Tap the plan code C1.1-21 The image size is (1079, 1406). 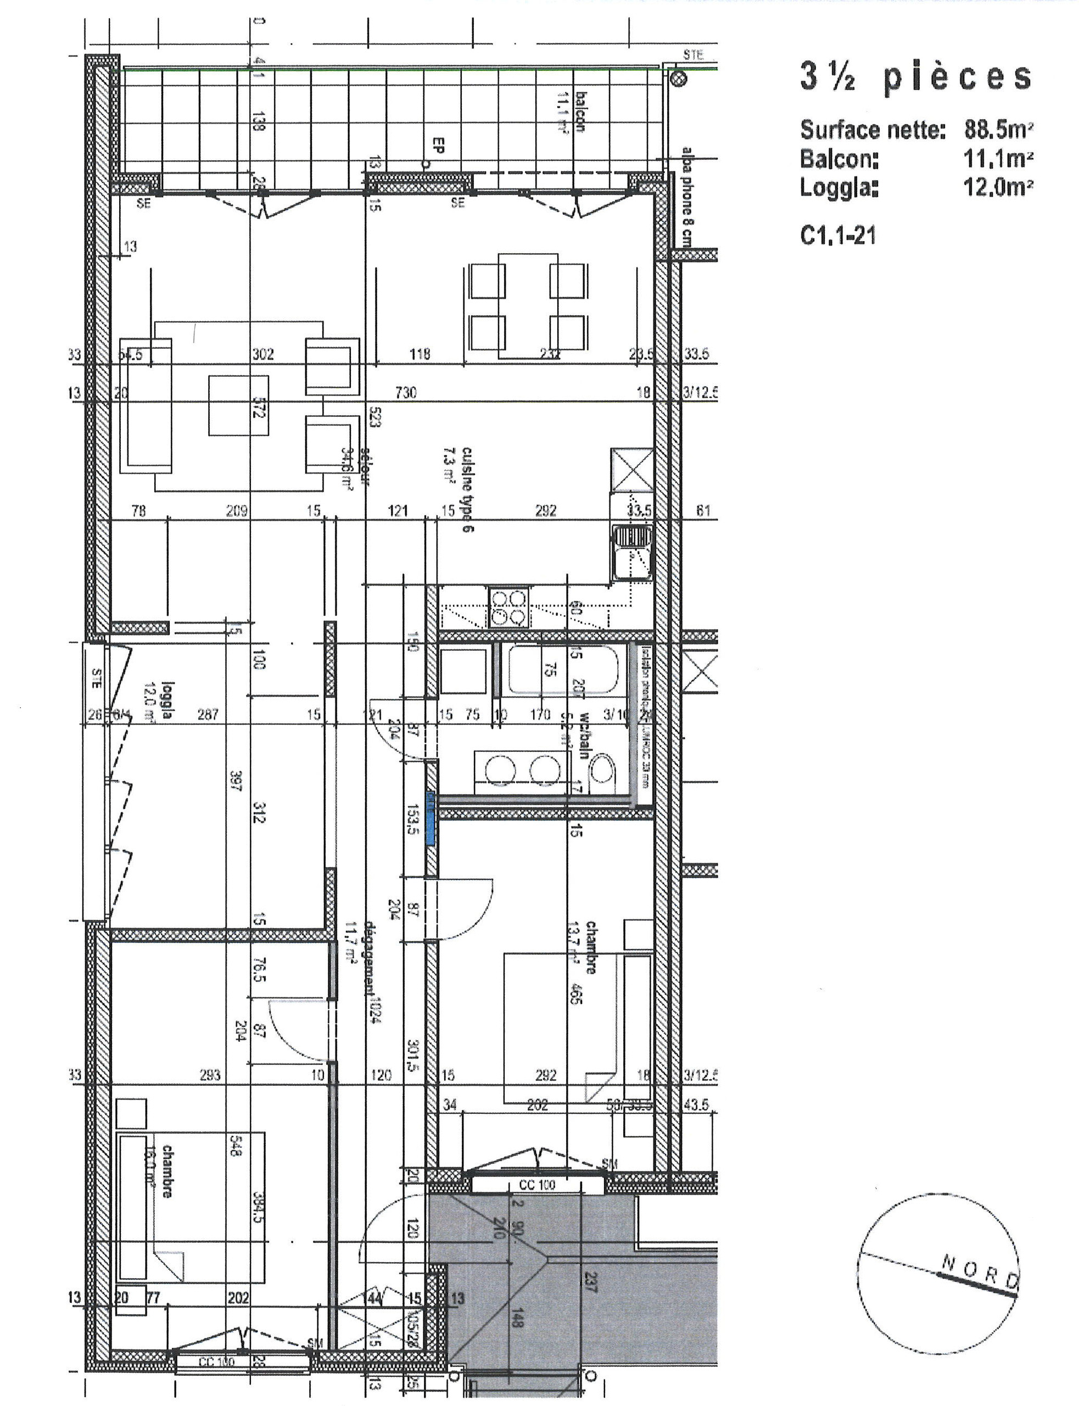coord(837,236)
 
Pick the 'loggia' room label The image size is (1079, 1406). coord(167,701)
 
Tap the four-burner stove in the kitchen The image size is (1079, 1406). coord(508,607)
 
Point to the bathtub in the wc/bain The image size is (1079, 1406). coord(564,670)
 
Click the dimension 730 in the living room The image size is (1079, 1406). coord(406,392)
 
